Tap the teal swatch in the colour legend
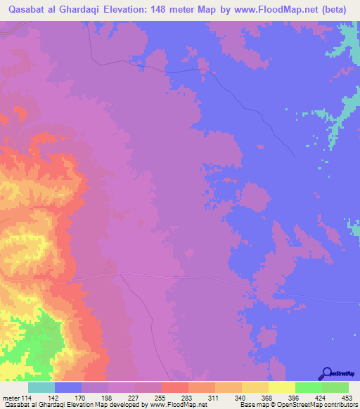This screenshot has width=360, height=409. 41,387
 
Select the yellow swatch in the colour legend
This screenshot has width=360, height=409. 282,387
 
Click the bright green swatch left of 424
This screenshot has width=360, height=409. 309,387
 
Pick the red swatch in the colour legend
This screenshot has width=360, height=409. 175,387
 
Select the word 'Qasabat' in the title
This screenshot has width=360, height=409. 30,11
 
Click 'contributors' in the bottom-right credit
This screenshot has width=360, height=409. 340,405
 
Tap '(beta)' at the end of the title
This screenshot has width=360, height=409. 330,11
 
